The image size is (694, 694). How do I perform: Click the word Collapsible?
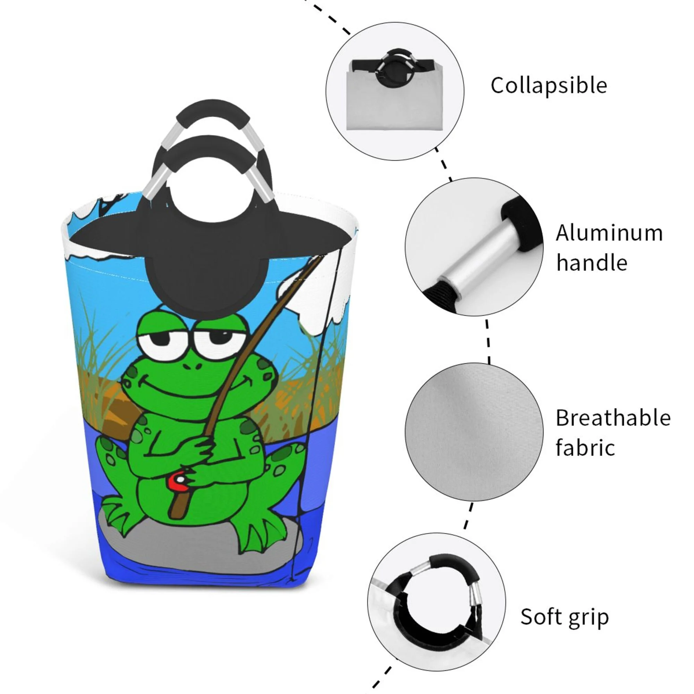tap(549, 86)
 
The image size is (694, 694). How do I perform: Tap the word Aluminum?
tap(609, 233)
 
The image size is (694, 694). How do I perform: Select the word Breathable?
tap(613, 418)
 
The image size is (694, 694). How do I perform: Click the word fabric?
tap(585, 448)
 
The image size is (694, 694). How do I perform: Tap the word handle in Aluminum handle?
tap(592, 263)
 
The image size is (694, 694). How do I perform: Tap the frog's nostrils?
tap(192, 366)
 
